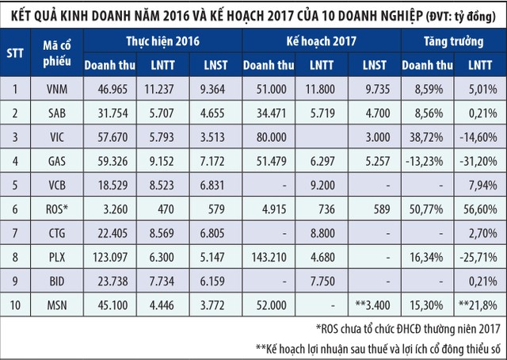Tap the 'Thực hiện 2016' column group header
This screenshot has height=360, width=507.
click(162, 39)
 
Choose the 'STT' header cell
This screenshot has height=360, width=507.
click(16, 54)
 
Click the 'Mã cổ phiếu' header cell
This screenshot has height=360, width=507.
click(55, 54)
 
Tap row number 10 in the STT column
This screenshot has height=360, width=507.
click(16, 304)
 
